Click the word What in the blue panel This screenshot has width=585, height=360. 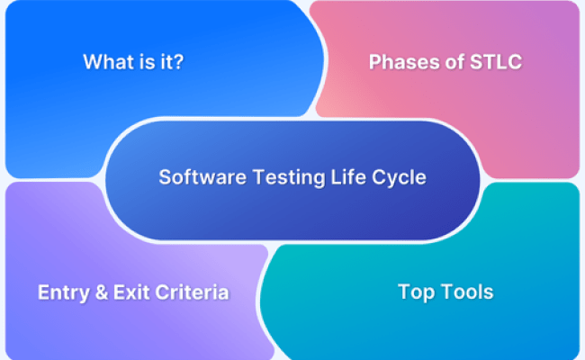[106, 62]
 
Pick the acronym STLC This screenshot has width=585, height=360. [493, 62]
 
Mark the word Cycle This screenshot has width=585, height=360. [380, 177]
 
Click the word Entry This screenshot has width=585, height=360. [60, 292]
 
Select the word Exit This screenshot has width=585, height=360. [125, 292]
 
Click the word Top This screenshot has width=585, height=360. [415, 292]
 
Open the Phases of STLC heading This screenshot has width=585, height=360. [445, 62]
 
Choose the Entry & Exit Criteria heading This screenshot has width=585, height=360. [132, 292]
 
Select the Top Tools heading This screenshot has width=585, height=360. [445, 292]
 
